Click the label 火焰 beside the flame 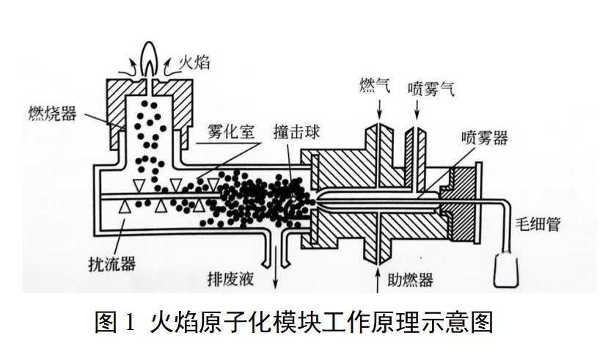click(194, 62)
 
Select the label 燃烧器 click(54, 113)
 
